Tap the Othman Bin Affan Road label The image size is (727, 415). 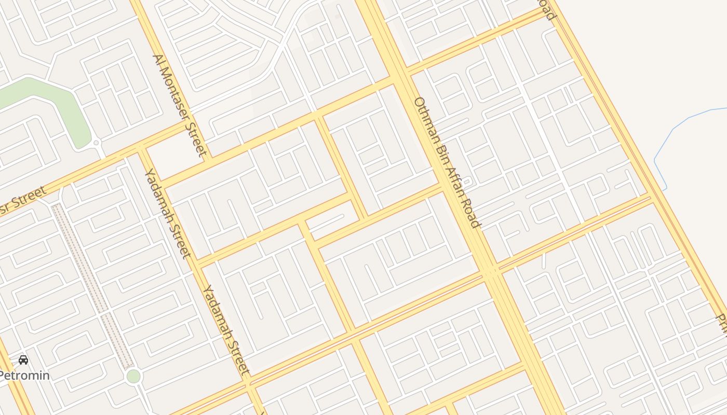click(x=447, y=162)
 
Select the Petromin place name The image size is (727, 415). click(x=24, y=375)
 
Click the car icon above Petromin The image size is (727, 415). click(x=23, y=359)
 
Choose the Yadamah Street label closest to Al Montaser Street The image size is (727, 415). click(x=168, y=213)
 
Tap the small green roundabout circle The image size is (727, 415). click(x=133, y=376)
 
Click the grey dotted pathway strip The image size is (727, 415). click(x=93, y=285)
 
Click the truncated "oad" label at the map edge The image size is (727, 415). click(x=547, y=9)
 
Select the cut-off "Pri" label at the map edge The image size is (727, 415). click(x=721, y=322)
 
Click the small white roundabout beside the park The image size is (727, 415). click(x=96, y=142)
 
